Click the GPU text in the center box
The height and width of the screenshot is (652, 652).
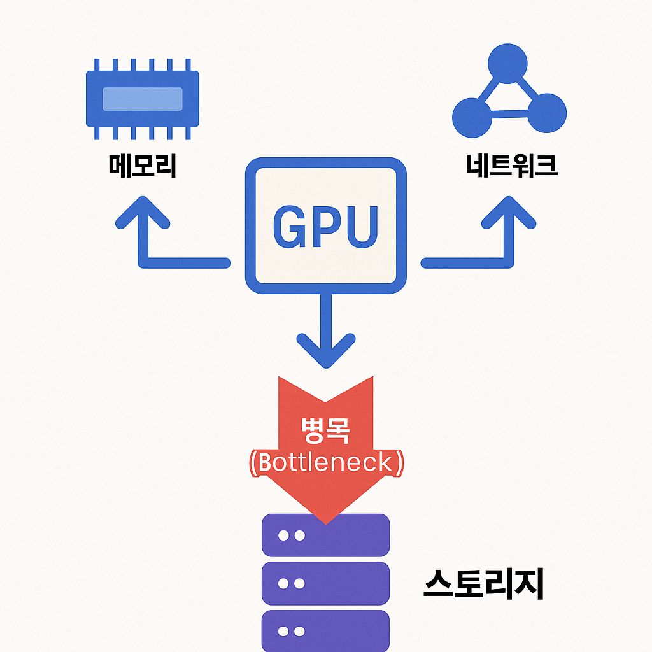325,227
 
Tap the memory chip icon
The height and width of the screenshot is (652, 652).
143,98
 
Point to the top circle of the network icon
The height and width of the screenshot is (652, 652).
507,62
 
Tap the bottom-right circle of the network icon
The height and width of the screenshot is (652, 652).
546,113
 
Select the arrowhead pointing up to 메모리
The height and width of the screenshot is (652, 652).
143,213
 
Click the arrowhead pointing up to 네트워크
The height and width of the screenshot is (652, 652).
508,213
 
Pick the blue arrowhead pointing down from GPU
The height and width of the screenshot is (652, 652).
326,350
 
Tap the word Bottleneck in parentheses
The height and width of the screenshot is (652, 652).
325,463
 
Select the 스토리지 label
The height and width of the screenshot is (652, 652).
484,583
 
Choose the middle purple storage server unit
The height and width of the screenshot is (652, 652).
325,583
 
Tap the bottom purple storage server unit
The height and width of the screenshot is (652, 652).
325,630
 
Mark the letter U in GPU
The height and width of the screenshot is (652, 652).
361,227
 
